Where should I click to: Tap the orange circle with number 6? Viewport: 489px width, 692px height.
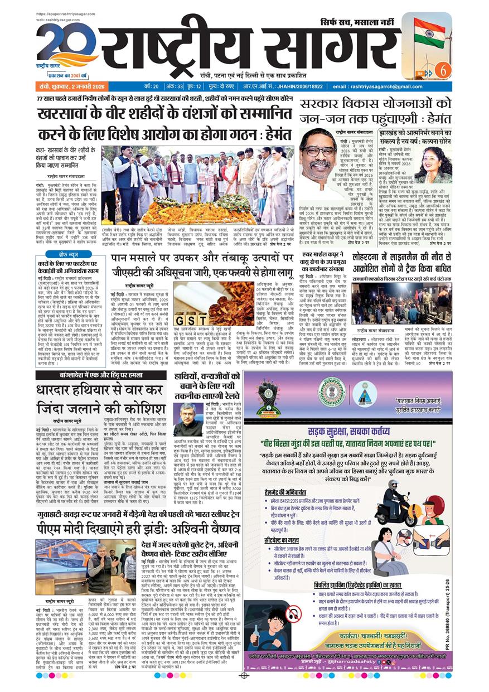(x=444, y=71)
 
